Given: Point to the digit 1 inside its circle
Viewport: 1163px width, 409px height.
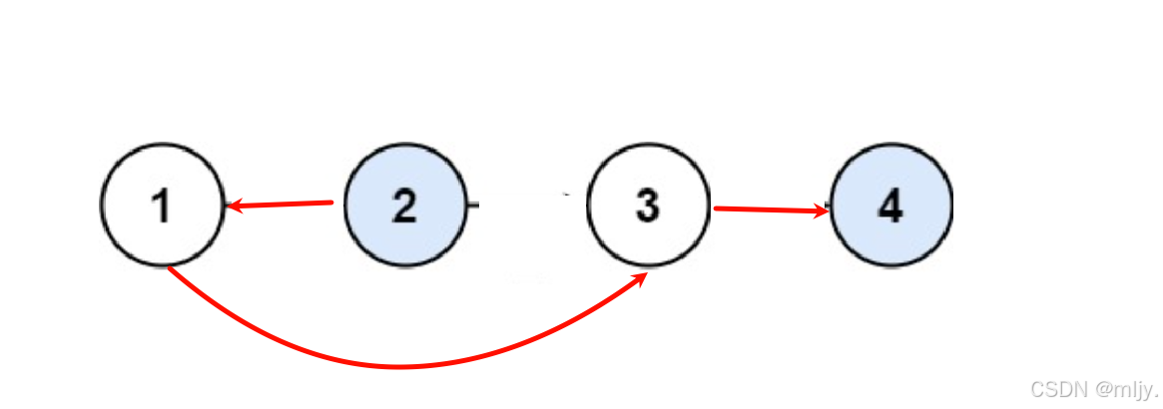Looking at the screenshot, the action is [x=161, y=205].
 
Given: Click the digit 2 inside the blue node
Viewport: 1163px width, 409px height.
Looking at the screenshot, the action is [x=404, y=205].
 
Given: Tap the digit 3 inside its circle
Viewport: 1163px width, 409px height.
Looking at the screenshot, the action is [x=648, y=205].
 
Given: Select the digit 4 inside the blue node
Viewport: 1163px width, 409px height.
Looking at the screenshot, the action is [x=891, y=205].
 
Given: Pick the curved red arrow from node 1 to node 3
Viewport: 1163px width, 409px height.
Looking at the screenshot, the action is [x=399, y=365].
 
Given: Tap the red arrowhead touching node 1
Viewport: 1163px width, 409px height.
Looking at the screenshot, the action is [x=234, y=206].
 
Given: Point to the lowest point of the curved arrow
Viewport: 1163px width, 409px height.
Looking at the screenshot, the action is [x=399, y=366].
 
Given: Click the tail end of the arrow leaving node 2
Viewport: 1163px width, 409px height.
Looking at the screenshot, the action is [x=330, y=203].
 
